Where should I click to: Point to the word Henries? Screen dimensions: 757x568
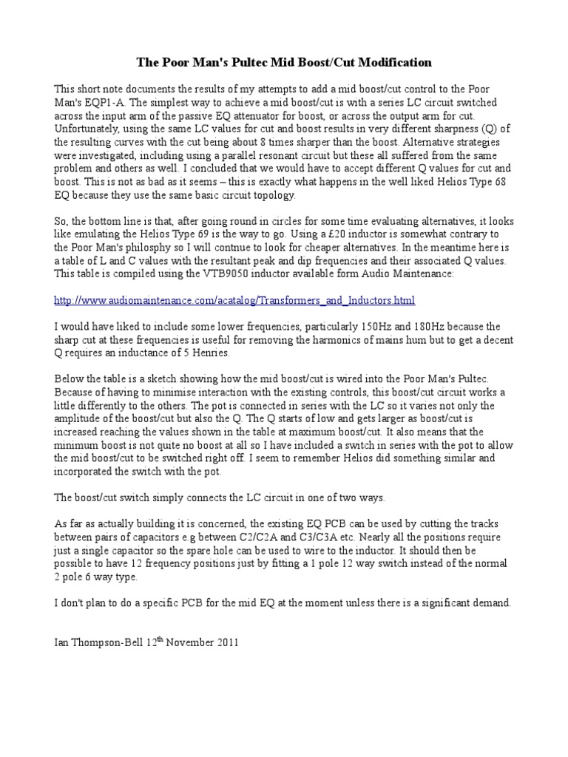coord(217,353)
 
